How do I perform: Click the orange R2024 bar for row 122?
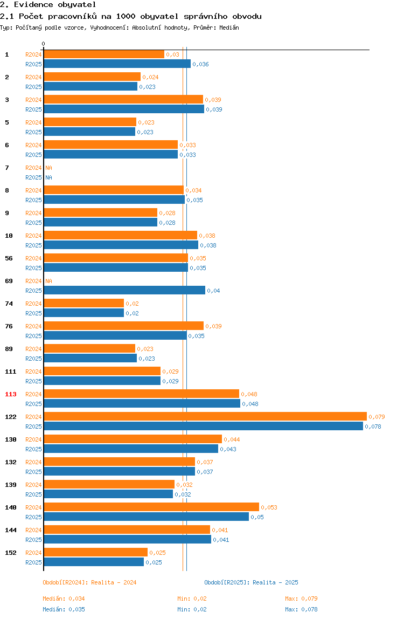205,416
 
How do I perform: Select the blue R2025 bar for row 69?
124,291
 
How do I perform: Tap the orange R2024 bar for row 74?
83,303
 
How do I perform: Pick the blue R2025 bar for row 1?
117,64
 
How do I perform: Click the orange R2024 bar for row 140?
151,507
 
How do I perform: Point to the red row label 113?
11,394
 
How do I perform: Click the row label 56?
9,258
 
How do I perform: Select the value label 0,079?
377,417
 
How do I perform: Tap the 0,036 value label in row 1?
200,64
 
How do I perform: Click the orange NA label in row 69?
48,281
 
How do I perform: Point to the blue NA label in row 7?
48,177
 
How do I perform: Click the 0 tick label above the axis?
44,44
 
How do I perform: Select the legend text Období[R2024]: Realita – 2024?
89,582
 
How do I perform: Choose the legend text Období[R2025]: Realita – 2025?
252,582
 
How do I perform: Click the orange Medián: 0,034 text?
64,599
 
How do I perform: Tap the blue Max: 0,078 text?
302,609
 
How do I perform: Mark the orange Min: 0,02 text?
192,599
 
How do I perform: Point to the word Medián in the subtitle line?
229,27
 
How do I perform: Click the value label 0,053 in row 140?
269,508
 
